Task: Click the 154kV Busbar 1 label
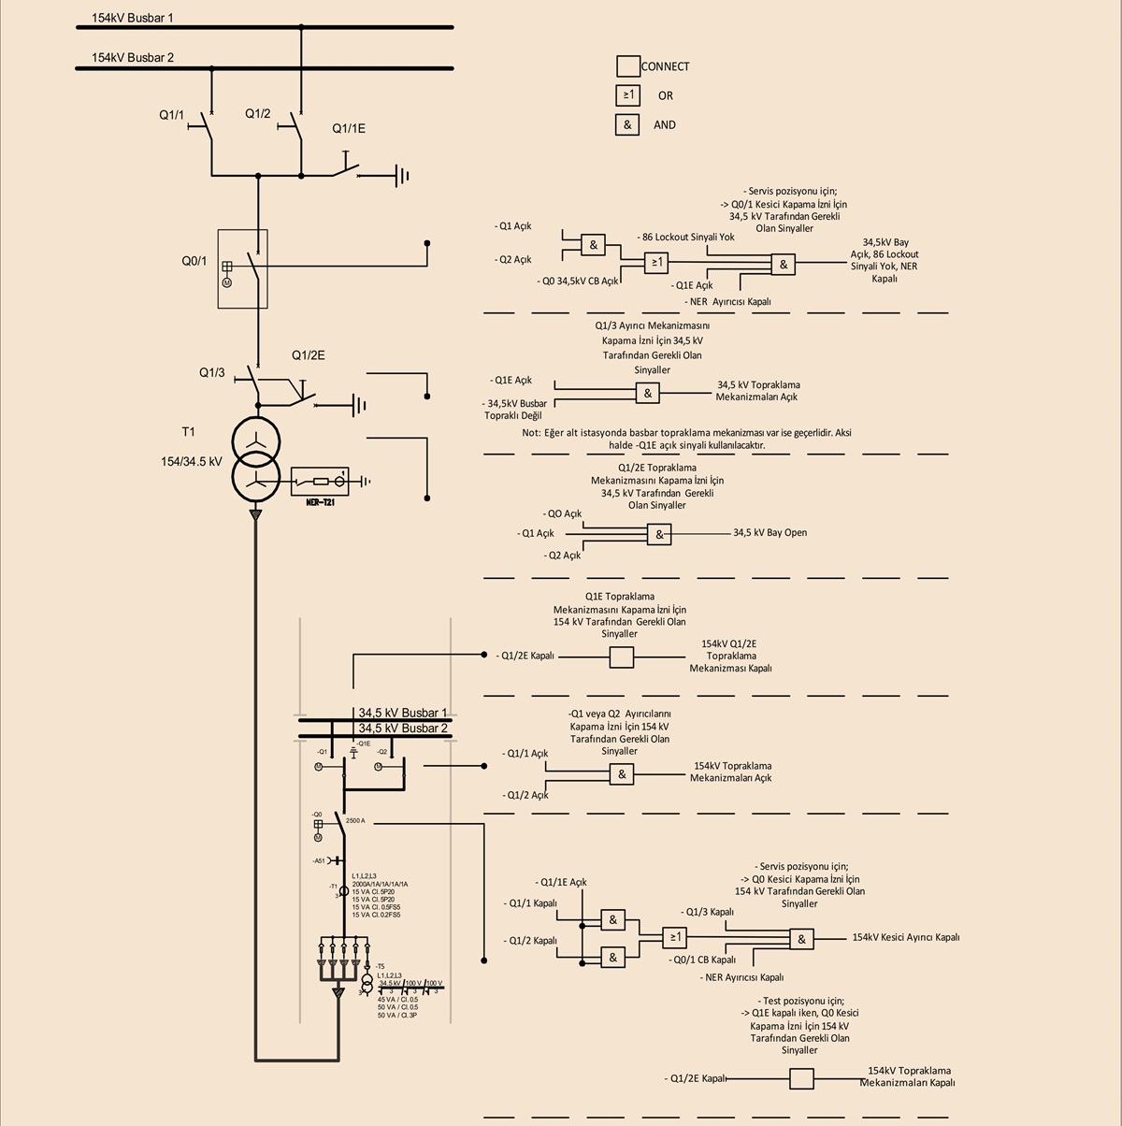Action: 132,18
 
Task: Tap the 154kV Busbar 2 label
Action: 132,58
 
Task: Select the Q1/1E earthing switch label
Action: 349,129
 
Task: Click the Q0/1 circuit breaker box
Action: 242,268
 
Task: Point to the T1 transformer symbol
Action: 256,458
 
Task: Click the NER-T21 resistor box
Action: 320,482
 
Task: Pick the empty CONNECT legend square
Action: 627,66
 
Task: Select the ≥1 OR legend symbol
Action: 627,95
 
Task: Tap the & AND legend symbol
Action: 627,125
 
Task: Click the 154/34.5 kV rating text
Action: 192,462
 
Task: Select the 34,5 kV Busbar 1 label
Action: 403,713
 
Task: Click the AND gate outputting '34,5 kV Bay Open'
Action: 659,534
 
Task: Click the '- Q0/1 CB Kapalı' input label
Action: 702,960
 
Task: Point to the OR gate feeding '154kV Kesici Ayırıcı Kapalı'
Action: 675,937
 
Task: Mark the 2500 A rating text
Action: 355,820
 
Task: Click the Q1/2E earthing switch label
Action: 308,355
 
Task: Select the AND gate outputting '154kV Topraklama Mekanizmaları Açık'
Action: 622,774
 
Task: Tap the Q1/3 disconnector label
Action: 211,373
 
